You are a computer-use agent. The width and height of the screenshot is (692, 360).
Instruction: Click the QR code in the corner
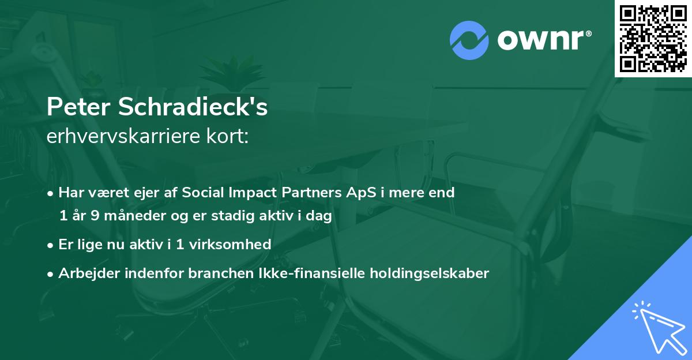[653, 39]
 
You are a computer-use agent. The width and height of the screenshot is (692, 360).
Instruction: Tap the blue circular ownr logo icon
[469, 40]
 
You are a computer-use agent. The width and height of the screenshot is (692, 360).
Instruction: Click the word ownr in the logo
[540, 40]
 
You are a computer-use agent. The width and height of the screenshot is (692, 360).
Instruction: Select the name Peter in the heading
[78, 107]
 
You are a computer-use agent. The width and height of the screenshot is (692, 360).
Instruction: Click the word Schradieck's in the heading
[193, 106]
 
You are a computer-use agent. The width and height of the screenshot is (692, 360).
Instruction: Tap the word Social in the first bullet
[202, 192]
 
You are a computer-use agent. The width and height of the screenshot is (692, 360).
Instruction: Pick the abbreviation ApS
[361, 193]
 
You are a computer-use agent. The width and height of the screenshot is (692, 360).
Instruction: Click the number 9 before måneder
[95, 215]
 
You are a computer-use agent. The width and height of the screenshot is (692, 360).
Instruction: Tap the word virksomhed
[230, 244]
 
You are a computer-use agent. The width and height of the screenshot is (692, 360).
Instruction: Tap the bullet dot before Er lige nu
[50, 246]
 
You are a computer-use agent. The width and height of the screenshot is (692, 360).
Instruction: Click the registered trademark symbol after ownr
[588, 33]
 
